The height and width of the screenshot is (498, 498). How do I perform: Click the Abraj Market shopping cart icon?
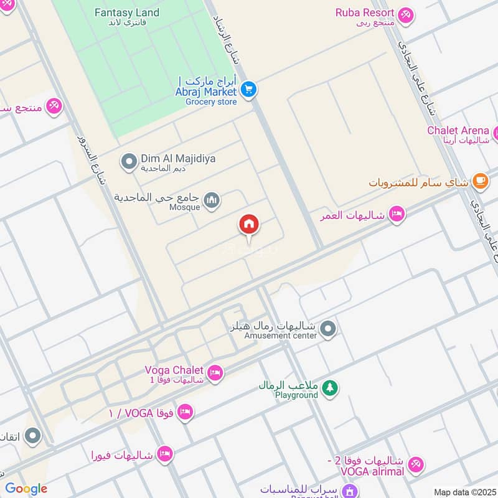pyautogui.click(x=249, y=90)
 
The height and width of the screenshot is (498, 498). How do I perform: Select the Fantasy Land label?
pyautogui.click(x=126, y=12)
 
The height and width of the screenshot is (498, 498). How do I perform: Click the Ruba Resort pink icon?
pyautogui.click(x=406, y=14)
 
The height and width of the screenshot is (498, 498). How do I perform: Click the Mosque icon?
pyautogui.click(x=212, y=200)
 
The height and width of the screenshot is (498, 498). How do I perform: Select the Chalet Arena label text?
pyautogui.click(x=458, y=130)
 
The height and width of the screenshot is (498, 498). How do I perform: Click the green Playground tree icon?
pyautogui.click(x=329, y=387)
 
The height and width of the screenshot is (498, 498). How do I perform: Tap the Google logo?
pyautogui.click(x=26, y=489)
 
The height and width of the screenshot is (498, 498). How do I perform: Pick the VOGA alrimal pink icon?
pyautogui.click(x=416, y=464)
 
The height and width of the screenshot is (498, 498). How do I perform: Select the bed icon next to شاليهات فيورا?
pyautogui.click(x=164, y=454)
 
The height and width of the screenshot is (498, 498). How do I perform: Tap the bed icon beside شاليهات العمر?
pyautogui.click(x=396, y=215)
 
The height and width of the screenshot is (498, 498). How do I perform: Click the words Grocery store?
pyautogui.click(x=211, y=101)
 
